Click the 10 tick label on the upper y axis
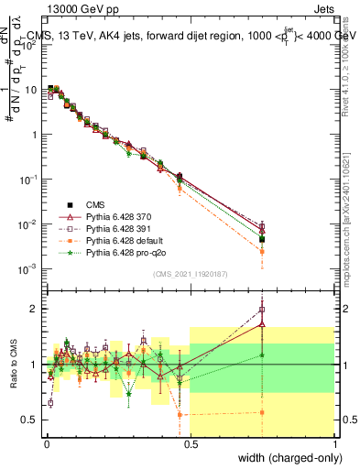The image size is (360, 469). tap(31, 90)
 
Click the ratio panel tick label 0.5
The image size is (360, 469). tap(33, 420)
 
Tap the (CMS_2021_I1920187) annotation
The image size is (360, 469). tap(190, 274)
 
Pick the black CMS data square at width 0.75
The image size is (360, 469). tap(262, 239)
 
